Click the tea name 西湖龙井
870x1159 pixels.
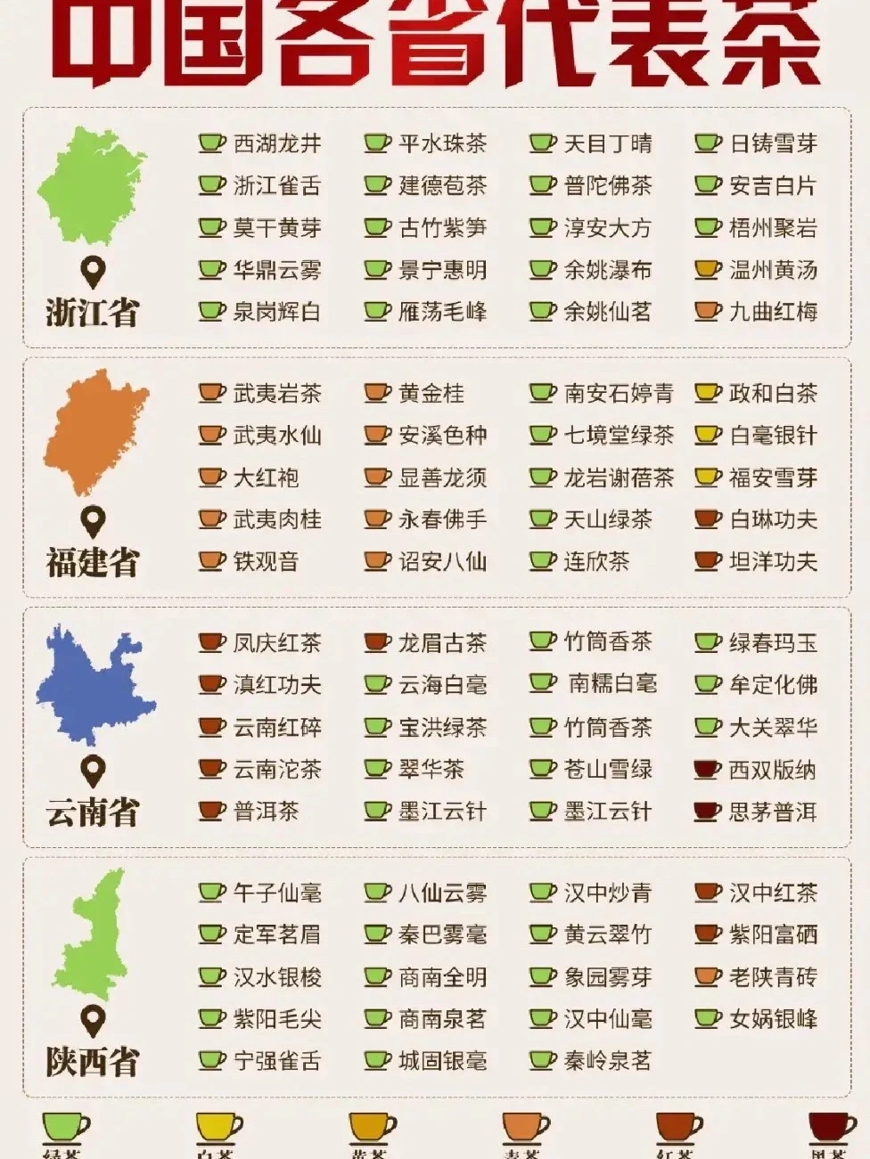click(x=276, y=143)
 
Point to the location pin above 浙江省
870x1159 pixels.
click(x=93, y=272)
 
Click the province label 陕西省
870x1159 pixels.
click(x=93, y=1062)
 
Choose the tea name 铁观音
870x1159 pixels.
click(x=266, y=562)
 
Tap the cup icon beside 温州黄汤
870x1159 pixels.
click(x=707, y=269)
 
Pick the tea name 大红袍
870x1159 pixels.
click(x=266, y=477)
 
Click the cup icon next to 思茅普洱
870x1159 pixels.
click(x=707, y=812)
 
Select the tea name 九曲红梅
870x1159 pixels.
click(x=773, y=312)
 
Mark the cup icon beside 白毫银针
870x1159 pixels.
click(x=707, y=435)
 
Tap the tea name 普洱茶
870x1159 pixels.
click(x=266, y=812)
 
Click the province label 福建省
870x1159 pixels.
click(x=93, y=563)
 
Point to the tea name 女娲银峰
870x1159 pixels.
click(x=773, y=1019)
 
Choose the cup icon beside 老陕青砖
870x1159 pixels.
click(x=707, y=976)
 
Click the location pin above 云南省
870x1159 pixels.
click(x=93, y=771)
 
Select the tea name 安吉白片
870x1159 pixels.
click(x=773, y=186)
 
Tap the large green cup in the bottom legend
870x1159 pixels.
click(x=65, y=1127)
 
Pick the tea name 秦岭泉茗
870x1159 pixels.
click(x=608, y=1061)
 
